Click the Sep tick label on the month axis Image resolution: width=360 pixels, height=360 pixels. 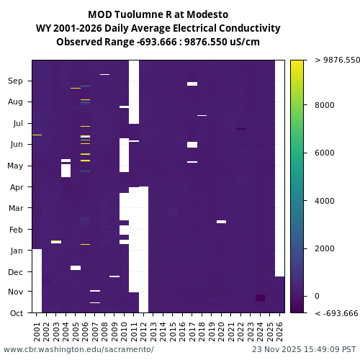pos(16,81)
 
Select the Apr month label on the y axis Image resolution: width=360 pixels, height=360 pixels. pos(16,187)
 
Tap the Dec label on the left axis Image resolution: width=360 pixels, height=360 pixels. pos(16,272)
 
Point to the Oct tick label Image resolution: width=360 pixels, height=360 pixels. pos(16,313)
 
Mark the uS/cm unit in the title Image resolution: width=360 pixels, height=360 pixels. pos(245,42)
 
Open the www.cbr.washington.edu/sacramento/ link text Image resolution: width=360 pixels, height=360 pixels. pos(78,349)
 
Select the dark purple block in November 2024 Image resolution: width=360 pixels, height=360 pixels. pos(260,298)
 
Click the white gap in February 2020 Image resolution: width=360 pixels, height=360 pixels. pos(221,222)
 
